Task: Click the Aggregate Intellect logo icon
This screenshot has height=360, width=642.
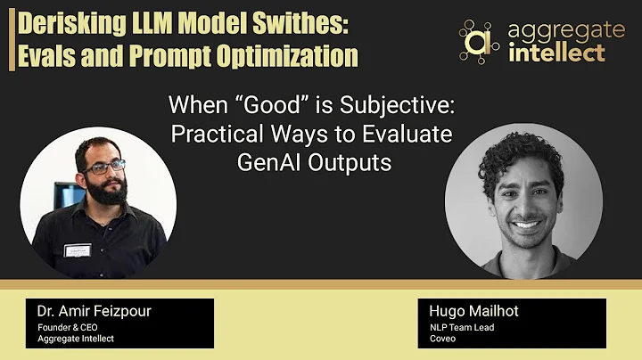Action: [479, 41]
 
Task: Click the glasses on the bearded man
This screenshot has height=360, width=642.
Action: [106, 167]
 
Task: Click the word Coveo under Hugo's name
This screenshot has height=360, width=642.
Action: [443, 338]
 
